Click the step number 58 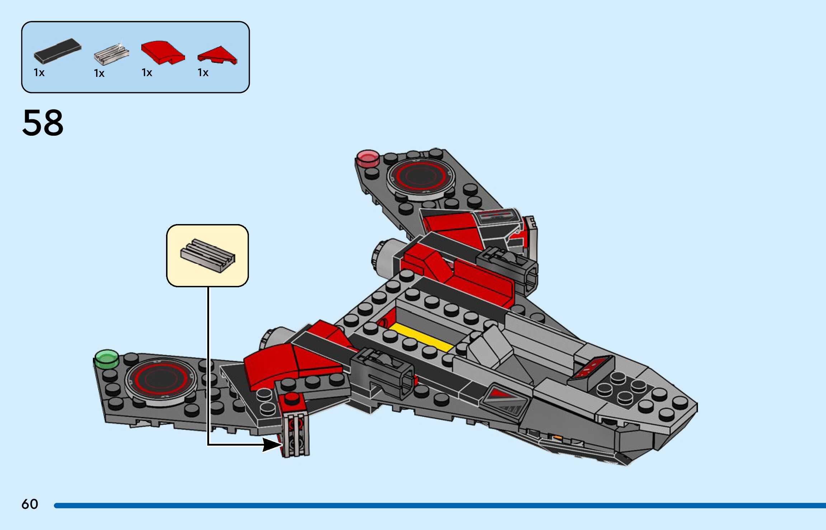point(43,123)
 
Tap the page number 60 point(29,504)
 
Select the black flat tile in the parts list point(57,51)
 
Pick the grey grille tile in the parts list point(111,54)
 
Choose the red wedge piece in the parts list point(217,55)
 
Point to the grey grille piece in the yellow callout point(208,255)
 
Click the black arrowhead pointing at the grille point(272,445)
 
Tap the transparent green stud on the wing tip point(107,358)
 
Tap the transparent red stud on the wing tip point(368,157)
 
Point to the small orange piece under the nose point(557,437)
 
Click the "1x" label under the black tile point(39,73)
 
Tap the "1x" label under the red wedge point(203,73)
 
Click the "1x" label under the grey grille point(99,74)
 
